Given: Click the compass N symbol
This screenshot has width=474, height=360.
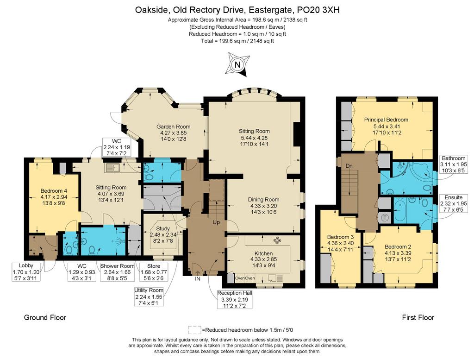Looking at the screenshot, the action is [237, 64].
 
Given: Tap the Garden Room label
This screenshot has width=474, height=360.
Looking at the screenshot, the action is [173, 127].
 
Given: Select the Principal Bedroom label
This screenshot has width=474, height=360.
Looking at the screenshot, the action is [386, 120].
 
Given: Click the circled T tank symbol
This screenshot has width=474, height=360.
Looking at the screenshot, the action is [385, 217].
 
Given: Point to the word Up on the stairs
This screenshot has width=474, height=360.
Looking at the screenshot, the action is [216, 222].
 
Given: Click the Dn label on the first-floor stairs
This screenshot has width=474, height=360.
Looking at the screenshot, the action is [349, 166].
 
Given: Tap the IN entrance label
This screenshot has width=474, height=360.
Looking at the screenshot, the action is [197, 278].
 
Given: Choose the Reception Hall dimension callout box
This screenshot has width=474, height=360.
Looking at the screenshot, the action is [235, 299].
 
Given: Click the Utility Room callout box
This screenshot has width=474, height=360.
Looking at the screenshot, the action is [149, 297].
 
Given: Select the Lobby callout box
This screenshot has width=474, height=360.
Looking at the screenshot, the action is [26, 272].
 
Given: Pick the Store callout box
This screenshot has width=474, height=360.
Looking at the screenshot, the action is [154, 272].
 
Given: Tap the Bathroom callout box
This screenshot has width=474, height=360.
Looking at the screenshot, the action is [454, 164].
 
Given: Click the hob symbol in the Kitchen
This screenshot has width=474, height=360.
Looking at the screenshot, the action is [277, 241].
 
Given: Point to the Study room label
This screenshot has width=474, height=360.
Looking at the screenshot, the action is [163, 229].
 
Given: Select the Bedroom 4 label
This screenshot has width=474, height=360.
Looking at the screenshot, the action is [54, 191].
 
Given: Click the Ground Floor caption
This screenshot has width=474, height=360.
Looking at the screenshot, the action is [45, 317].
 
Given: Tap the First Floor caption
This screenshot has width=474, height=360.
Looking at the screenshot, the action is [418, 317].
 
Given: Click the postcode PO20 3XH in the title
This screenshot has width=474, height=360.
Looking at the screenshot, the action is [318, 10].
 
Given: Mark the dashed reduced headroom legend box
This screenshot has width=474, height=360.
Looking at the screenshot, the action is [195, 329].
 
